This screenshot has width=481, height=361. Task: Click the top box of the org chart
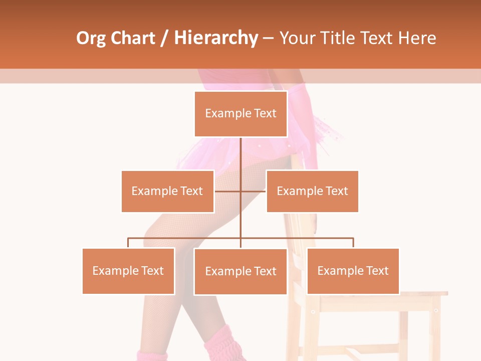tap(241, 114)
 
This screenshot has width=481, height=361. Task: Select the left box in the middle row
tap(167, 191)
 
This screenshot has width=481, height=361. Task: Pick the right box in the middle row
tap(312, 191)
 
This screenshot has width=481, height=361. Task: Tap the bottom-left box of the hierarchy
tap(128, 271)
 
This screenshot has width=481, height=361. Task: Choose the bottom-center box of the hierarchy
tap(241, 271)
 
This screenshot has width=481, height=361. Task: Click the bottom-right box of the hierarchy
tap(353, 271)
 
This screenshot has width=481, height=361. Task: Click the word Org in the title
tap(91, 39)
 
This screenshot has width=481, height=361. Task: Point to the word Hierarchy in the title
tap(216, 39)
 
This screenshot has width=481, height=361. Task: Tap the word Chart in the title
tap(133, 39)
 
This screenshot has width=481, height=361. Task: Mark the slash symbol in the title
tap(164, 39)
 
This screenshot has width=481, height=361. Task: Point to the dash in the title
tap(269, 39)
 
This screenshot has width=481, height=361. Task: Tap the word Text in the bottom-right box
tap(378, 271)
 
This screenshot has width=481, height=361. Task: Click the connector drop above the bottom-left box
tap(128, 243)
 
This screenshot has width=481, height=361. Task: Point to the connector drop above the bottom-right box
tap(353, 243)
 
